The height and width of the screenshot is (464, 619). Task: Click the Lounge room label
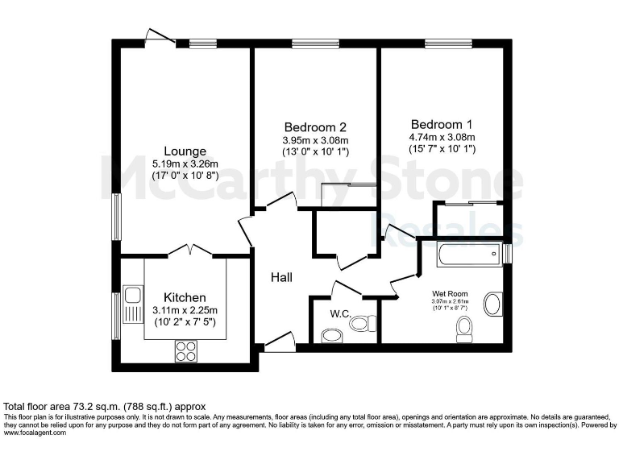pos(185,151)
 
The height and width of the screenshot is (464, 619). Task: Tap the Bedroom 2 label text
pos(315,127)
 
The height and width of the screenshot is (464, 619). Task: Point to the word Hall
pos(280,278)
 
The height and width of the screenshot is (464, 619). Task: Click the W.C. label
pos(339,314)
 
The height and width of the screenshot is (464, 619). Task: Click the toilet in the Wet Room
pos(463,328)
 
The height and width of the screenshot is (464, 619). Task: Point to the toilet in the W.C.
pos(362,324)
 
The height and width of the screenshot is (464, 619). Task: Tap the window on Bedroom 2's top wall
pos(315,43)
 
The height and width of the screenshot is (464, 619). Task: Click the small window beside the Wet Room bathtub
pos(507,254)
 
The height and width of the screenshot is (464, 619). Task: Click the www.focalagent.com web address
pos(39,433)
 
